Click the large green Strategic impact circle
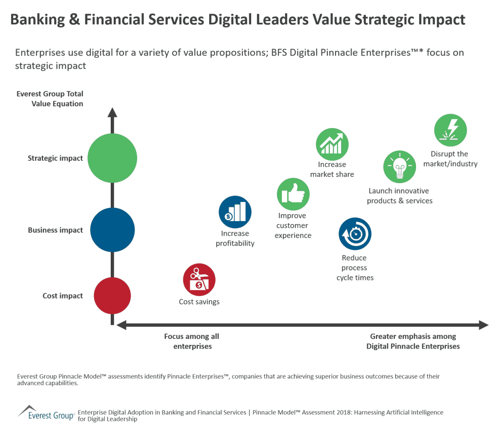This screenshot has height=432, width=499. pyautogui.click(x=112, y=158)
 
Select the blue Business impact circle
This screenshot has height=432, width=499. pyautogui.click(x=112, y=230)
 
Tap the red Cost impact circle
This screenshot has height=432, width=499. pyautogui.click(x=112, y=296)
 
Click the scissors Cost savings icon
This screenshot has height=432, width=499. pyautogui.click(x=199, y=280)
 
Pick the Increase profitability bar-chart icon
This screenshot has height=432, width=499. pyautogui.click(x=235, y=212)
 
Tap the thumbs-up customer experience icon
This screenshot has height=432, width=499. pyautogui.click(x=293, y=194)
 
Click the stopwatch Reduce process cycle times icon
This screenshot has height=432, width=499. pyautogui.click(x=355, y=234)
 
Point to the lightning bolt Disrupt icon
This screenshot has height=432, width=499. pyautogui.click(x=450, y=130)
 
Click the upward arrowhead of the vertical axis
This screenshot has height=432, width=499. pyautogui.click(x=112, y=113)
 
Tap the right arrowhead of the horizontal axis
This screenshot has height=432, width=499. pyautogui.click(x=483, y=325)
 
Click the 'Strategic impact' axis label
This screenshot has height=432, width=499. pyautogui.click(x=55, y=158)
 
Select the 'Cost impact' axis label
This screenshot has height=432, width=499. pyautogui.click(x=62, y=296)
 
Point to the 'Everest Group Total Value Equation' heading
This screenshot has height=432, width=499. pyautogui.click(x=50, y=99)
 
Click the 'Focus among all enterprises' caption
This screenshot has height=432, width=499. pyautogui.click(x=191, y=341)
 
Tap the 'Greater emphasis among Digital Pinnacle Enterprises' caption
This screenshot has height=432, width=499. pyautogui.click(x=413, y=341)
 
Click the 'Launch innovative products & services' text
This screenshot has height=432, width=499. pyautogui.click(x=399, y=196)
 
